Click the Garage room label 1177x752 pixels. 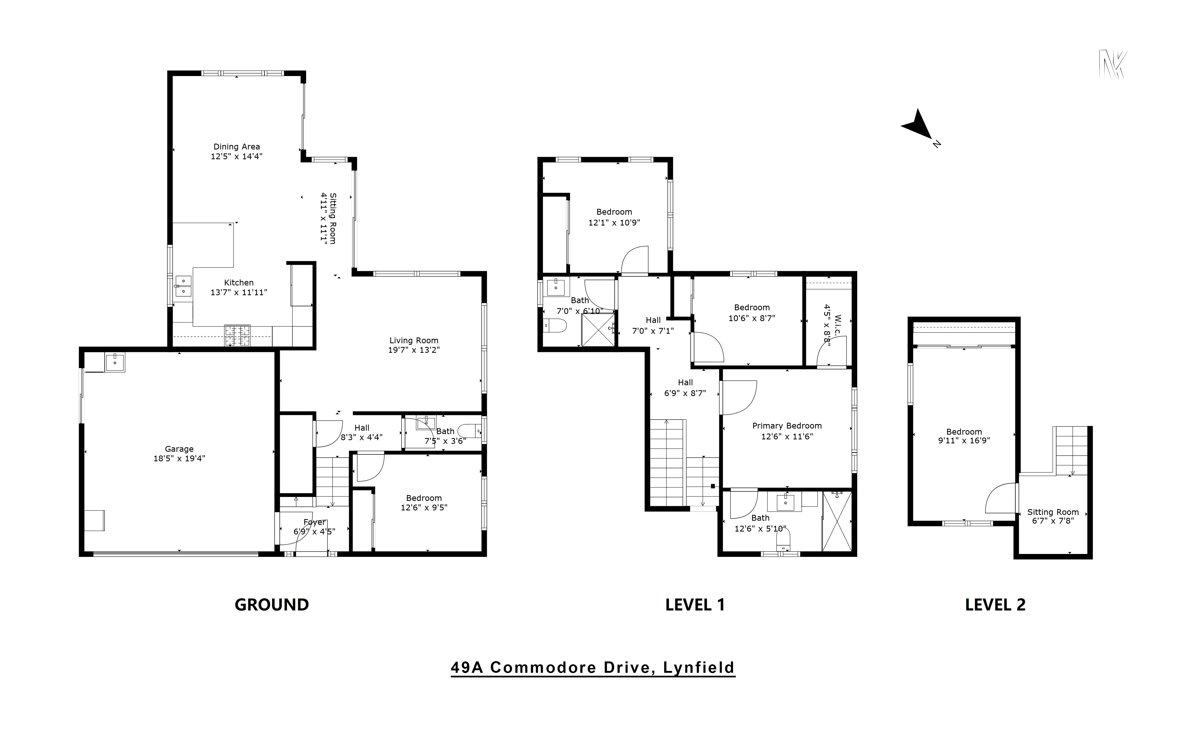point(179,449)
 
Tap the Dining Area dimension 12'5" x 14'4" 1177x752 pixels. point(236,157)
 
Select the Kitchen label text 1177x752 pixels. point(239,283)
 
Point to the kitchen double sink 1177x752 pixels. point(183,286)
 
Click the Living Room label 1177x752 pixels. point(414,340)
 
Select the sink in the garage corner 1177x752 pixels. point(114,362)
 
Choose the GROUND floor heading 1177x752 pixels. point(272,605)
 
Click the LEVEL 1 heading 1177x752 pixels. point(695,605)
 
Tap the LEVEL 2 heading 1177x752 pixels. point(995,605)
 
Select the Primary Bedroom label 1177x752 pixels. point(786,426)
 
